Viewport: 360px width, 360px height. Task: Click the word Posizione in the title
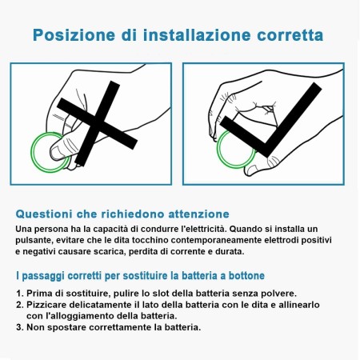[74, 35]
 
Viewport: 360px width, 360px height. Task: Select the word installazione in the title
[197, 35]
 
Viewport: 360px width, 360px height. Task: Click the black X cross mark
[97, 123]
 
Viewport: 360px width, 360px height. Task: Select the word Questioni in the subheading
[44, 214]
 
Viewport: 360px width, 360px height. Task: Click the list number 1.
[19, 294]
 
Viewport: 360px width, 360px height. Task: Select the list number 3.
[19, 327]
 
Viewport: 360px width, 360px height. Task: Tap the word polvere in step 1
[282, 294]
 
